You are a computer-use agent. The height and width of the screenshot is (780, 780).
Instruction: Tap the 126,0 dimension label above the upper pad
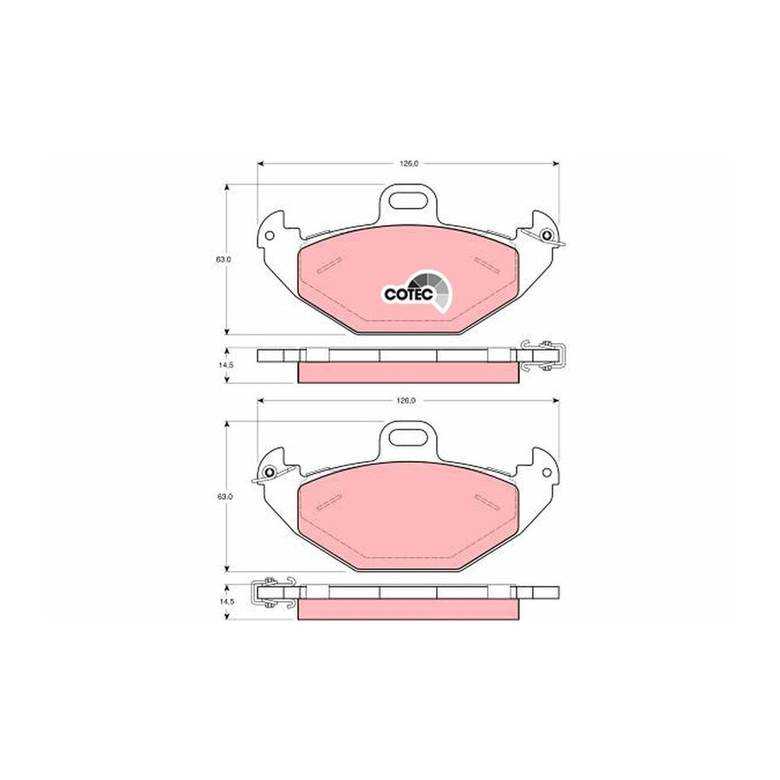tap(407, 164)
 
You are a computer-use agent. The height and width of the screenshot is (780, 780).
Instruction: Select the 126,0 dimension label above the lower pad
tap(407, 400)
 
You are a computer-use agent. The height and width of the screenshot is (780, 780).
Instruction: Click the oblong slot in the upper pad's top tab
tap(408, 200)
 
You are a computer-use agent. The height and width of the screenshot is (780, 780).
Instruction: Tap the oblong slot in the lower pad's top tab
tap(408, 437)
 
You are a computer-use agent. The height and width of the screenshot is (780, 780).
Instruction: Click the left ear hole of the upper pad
tap(270, 235)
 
